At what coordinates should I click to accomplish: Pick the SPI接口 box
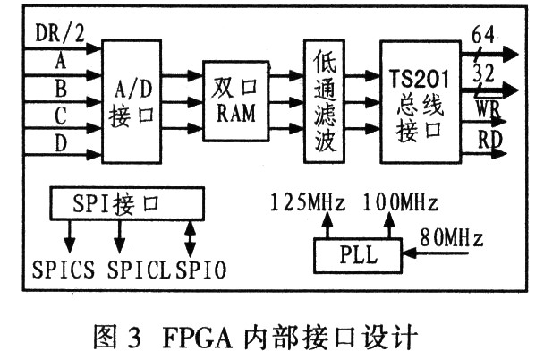(x=118, y=203)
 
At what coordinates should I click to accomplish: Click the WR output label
(x=489, y=111)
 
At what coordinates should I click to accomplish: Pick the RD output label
(x=489, y=139)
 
